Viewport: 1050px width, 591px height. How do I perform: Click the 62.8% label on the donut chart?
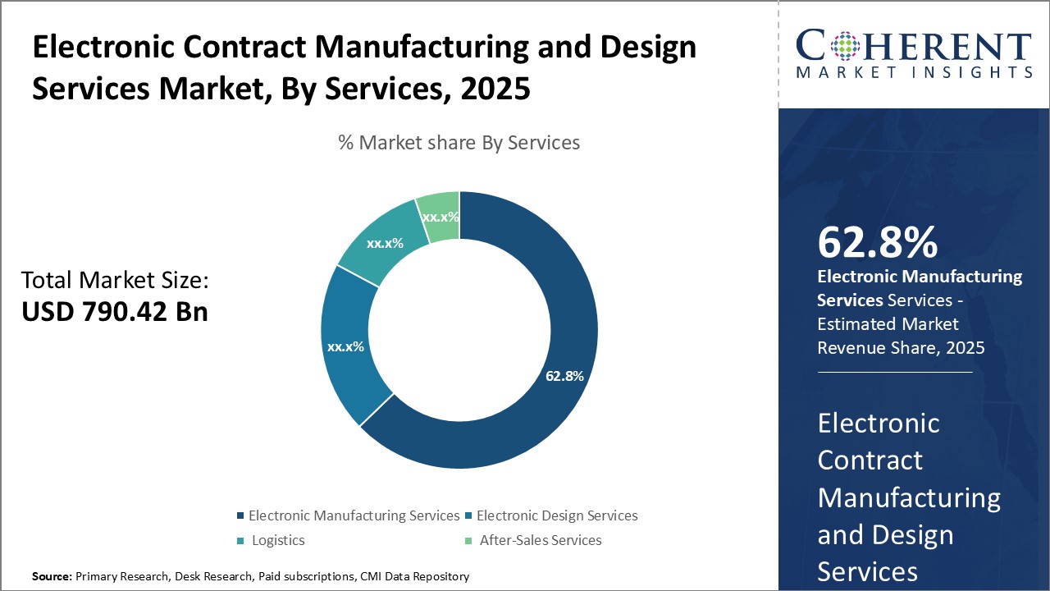564,377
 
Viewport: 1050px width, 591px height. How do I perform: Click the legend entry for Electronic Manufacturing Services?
354,515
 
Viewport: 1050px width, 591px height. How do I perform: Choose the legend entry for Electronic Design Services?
557,515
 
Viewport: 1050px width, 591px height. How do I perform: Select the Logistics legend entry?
278,540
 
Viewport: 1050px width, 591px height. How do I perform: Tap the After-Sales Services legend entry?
541,540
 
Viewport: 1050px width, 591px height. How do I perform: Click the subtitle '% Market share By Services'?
459,143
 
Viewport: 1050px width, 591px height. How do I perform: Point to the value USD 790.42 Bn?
115,312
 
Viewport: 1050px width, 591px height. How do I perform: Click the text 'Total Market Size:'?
115,281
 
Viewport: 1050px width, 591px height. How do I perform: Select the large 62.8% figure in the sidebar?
878,242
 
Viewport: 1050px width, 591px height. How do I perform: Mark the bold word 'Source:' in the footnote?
52,577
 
